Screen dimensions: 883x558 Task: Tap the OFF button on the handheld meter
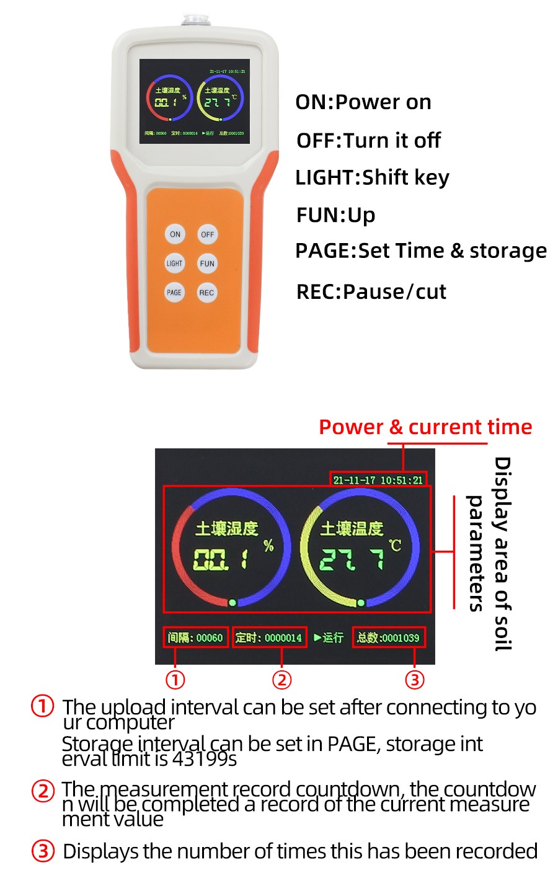[207, 234]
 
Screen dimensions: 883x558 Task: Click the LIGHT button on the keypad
[174, 264]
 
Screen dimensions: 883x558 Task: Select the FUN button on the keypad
[207, 264]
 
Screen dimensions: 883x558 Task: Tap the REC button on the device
[207, 293]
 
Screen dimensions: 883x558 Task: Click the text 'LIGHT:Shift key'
[372, 178]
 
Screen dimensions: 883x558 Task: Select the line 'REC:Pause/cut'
[371, 291]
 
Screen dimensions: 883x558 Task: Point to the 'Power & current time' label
[425, 427]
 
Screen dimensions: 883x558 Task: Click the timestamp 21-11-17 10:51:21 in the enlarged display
[378, 480]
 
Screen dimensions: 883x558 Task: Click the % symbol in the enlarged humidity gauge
[268, 546]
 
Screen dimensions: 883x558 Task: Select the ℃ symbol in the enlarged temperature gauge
[395, 546]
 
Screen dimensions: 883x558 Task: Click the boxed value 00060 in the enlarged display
[210, 637]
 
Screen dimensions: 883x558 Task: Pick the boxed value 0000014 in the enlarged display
[283, 637]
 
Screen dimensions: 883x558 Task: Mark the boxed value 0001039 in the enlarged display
[400, 637]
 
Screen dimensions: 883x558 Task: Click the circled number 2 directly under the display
[281, 680]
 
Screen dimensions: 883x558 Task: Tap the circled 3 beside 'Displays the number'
[43, 851]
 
